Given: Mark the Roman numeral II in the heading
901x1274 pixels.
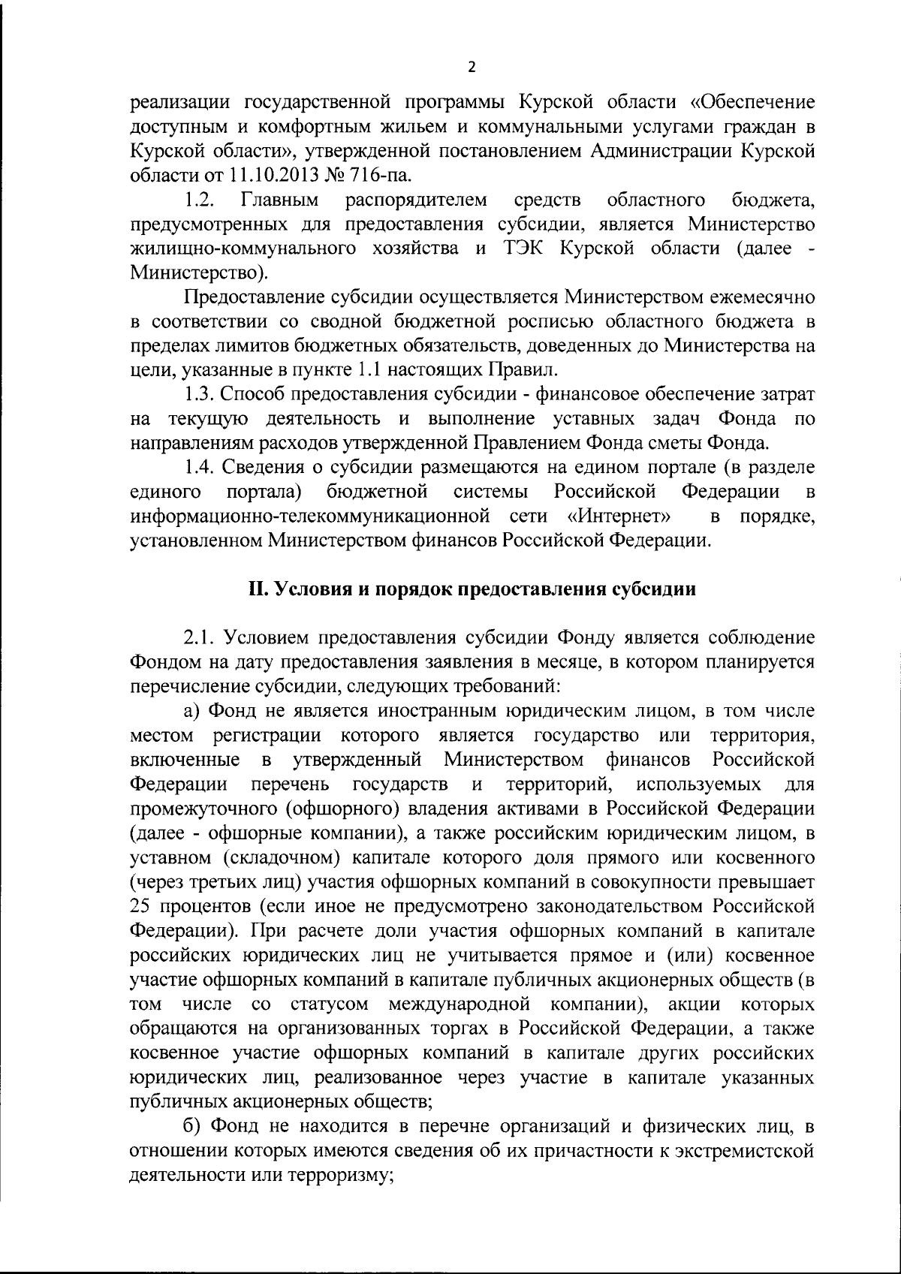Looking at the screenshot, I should pos(258,589).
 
